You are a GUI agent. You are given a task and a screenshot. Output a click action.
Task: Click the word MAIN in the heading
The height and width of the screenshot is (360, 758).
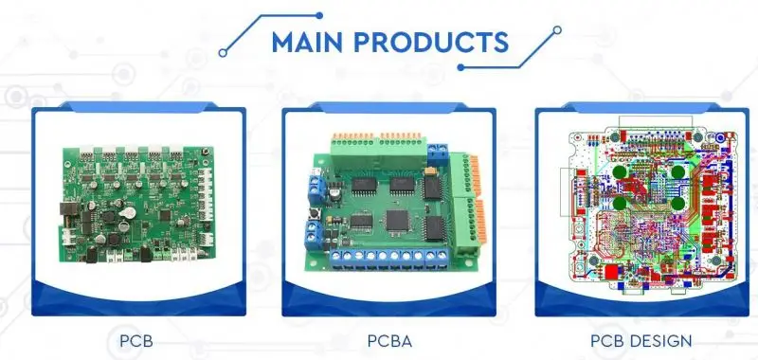307,42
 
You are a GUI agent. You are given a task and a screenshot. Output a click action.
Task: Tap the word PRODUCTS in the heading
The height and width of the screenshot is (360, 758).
431,42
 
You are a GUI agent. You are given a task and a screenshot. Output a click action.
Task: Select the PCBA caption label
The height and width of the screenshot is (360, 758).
389,341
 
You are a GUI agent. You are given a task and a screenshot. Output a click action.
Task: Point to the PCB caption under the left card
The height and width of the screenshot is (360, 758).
136,341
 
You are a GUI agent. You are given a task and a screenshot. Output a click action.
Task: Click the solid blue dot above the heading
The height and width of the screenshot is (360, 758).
319,15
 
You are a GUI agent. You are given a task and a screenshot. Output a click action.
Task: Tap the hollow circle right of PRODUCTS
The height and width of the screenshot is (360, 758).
557,30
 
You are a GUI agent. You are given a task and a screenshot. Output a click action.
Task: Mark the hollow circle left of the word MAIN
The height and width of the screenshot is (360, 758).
223,53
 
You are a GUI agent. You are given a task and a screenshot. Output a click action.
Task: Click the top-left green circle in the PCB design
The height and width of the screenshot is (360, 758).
620,172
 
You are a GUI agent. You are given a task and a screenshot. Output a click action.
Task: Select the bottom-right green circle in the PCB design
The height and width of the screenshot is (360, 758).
678,204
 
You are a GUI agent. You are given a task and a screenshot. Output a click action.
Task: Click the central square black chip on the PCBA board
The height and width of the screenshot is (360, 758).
397,220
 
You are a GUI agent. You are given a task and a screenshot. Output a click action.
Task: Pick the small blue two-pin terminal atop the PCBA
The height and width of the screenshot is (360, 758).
438,154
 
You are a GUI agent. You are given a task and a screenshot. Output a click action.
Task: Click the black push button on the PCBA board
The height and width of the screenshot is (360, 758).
315,212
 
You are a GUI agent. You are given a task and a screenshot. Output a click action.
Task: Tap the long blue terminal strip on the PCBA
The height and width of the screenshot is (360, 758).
389,258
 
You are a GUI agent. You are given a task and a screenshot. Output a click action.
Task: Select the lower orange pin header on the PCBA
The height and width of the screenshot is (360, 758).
480,221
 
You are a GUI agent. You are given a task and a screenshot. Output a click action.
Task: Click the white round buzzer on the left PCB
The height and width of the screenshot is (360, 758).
127,212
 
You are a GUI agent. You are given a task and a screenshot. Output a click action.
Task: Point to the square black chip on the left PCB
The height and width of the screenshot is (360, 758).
165,215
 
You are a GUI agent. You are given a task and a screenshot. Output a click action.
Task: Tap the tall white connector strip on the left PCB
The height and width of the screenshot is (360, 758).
206,194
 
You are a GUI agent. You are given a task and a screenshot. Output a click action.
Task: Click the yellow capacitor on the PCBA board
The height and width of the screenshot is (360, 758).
429,171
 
